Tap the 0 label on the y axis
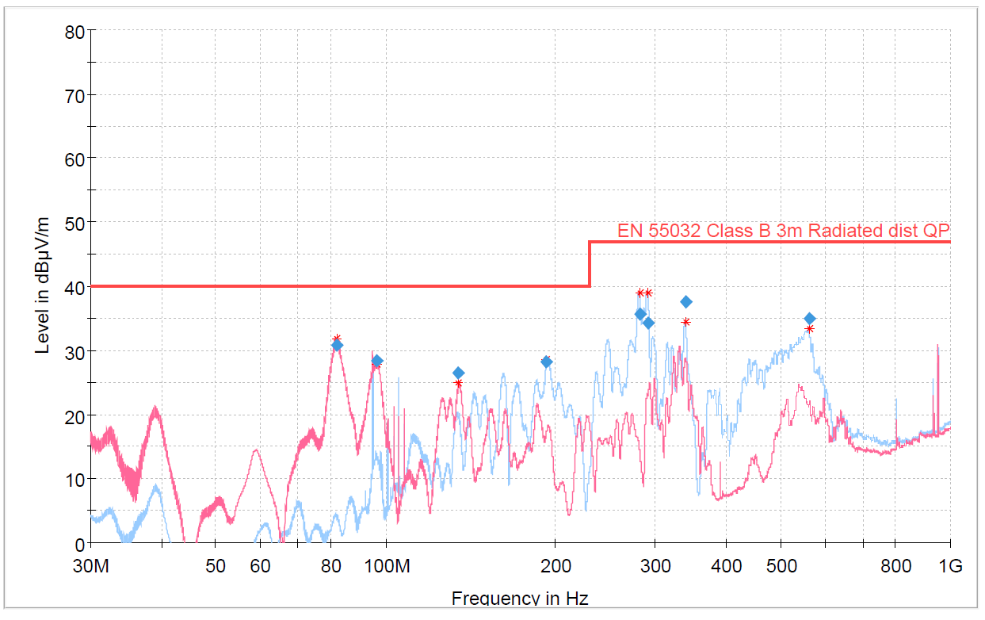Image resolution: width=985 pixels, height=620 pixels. click(x=80, y=545)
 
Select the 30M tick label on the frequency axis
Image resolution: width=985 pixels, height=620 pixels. click(x=90, y=566)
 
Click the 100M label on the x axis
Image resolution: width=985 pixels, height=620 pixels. click(x=386, y=566)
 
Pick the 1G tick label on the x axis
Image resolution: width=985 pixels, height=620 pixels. click(x=950, y=566)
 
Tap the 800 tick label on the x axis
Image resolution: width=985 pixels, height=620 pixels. click(x=896, y=566)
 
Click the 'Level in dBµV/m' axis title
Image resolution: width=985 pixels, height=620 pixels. click(x=43, y=286)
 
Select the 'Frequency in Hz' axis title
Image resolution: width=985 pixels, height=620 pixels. click(x=520, y=598)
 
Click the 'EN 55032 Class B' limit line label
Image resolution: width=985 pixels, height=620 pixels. click(x=783, y=231)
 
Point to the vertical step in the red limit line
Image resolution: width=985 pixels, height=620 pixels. click(x=590, y=264)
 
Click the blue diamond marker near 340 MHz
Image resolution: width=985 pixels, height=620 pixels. click(x=686, y=302)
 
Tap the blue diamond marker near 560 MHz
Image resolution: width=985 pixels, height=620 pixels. click(x=810, y=319)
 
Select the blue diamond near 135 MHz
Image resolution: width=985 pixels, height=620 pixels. click(x=458, y=373)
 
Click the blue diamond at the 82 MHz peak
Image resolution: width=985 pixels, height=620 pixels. click(x=337, y=345)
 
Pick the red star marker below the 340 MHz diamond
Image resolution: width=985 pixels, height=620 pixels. click(x=686, y=322)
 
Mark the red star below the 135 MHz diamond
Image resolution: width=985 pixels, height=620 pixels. click(x=458, y=384)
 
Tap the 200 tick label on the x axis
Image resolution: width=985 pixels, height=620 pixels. click(x=555, y=566)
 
